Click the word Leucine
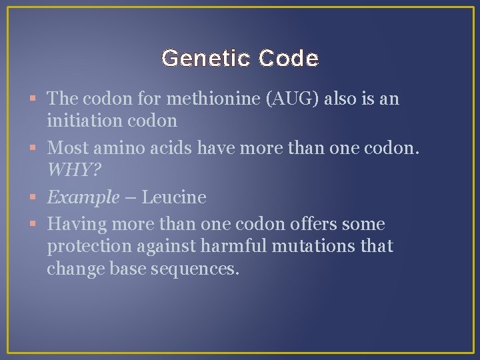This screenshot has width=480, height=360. pos(175,197)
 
